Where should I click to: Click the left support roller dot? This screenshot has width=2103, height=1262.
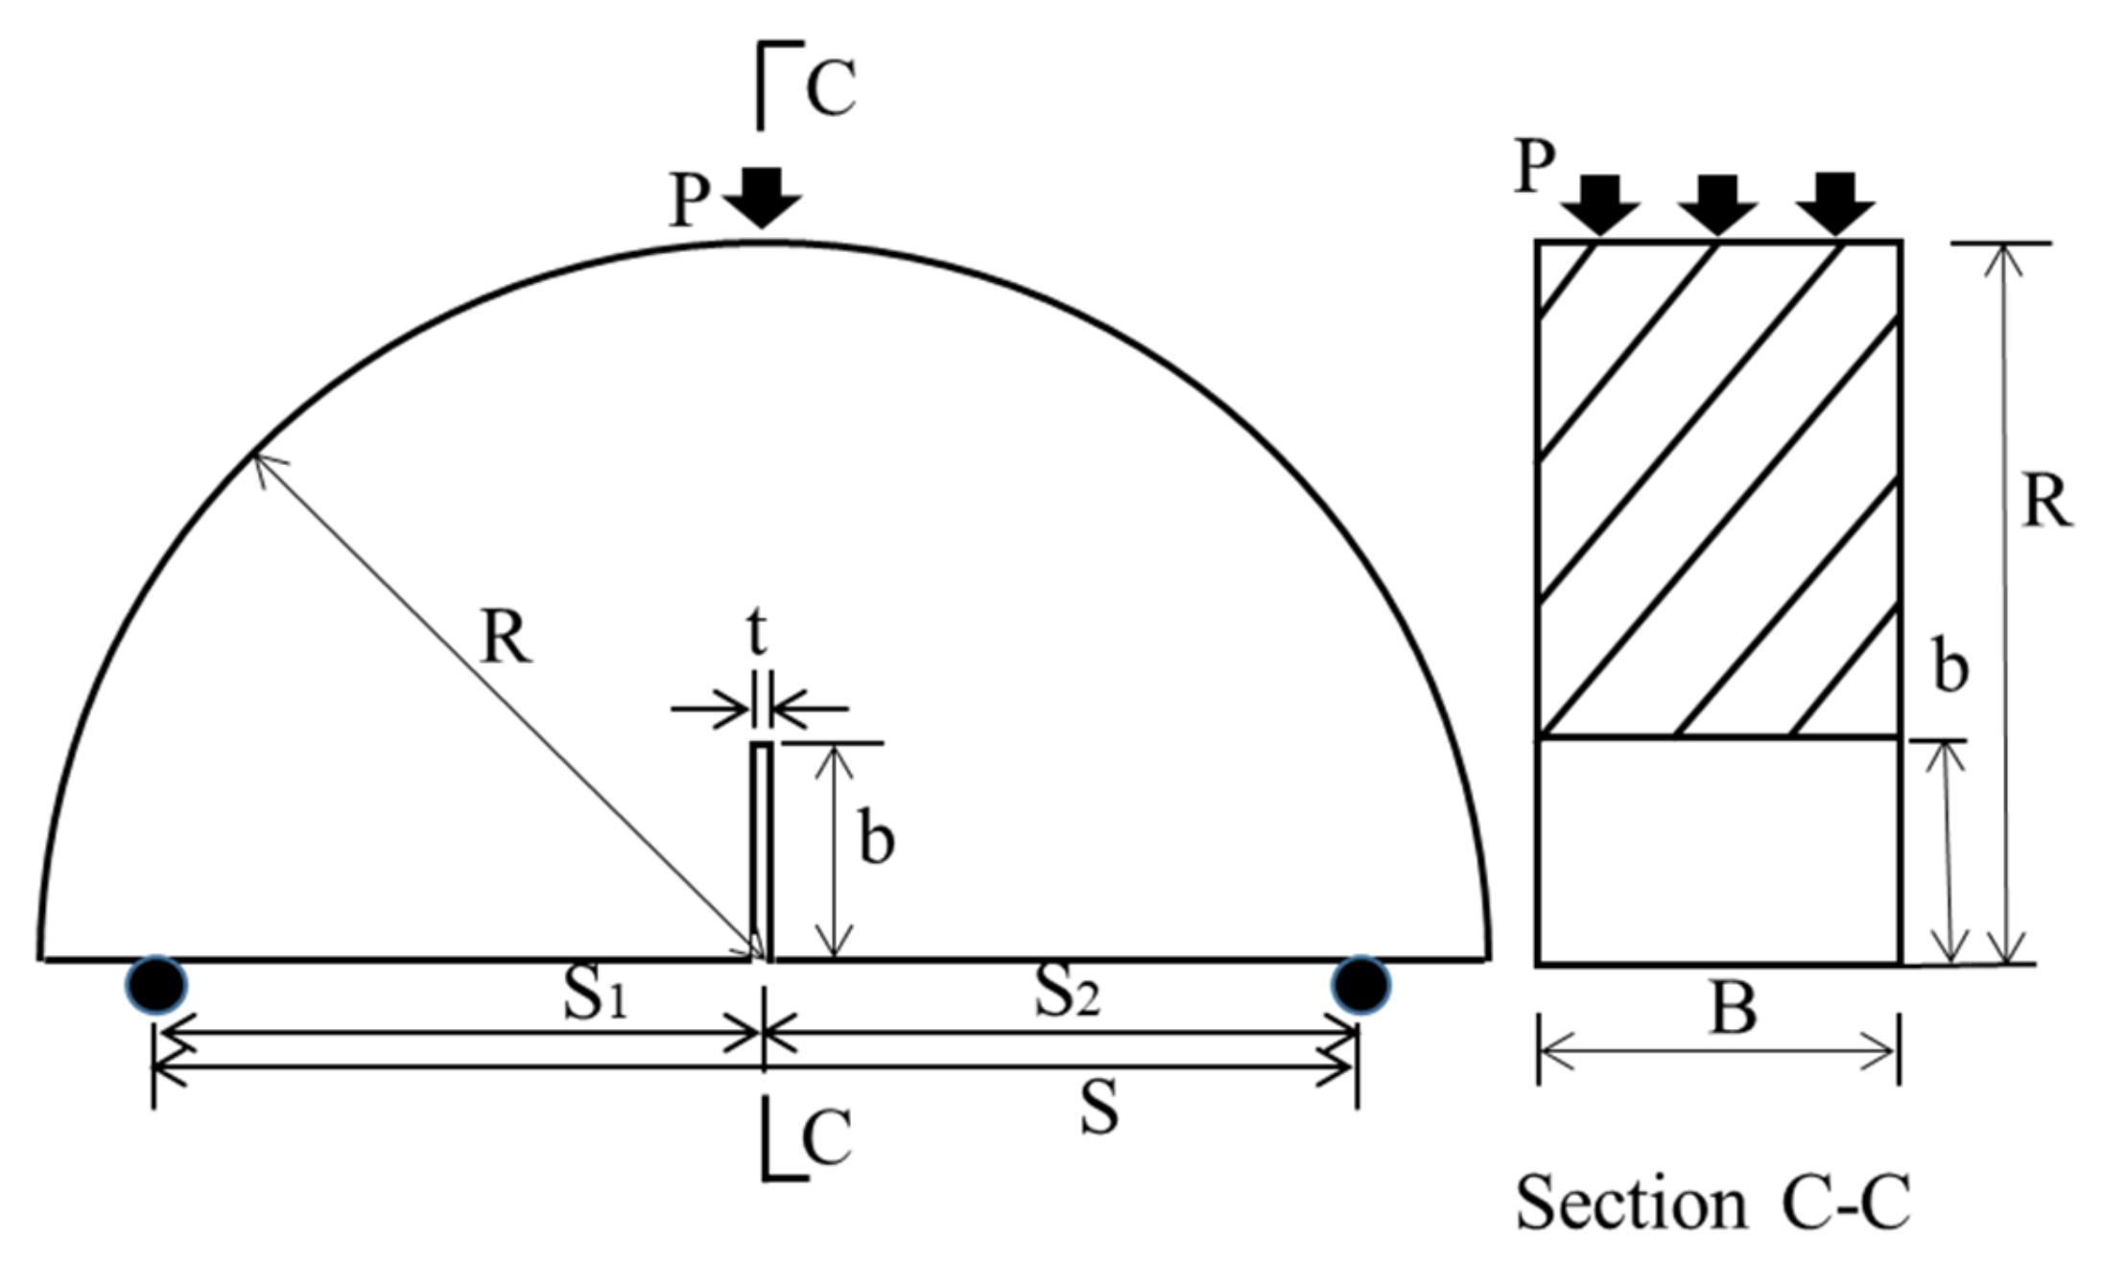(x=156, y=985)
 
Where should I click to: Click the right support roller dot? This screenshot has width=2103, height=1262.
(x=1360, y=985)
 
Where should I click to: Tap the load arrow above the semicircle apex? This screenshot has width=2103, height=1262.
(x=762, y=197)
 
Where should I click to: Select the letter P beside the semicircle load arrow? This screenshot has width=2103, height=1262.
(x=689, y=201)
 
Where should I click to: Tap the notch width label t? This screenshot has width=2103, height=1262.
(x=758, y=632)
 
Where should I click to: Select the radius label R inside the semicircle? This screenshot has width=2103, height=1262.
(x=506, y=638)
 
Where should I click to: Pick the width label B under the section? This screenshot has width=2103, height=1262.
(x=1734, y=1010)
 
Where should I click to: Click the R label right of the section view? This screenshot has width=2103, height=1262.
(x=2046, y=502)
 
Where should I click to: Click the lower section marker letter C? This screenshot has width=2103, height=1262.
(x=826, y=1139)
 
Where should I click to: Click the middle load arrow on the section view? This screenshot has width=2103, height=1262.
(x=1717, y=204)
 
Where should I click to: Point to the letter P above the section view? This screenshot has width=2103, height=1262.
(x=1535, y=168)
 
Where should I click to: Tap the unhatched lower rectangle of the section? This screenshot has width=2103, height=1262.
(x=1718, y=851)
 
